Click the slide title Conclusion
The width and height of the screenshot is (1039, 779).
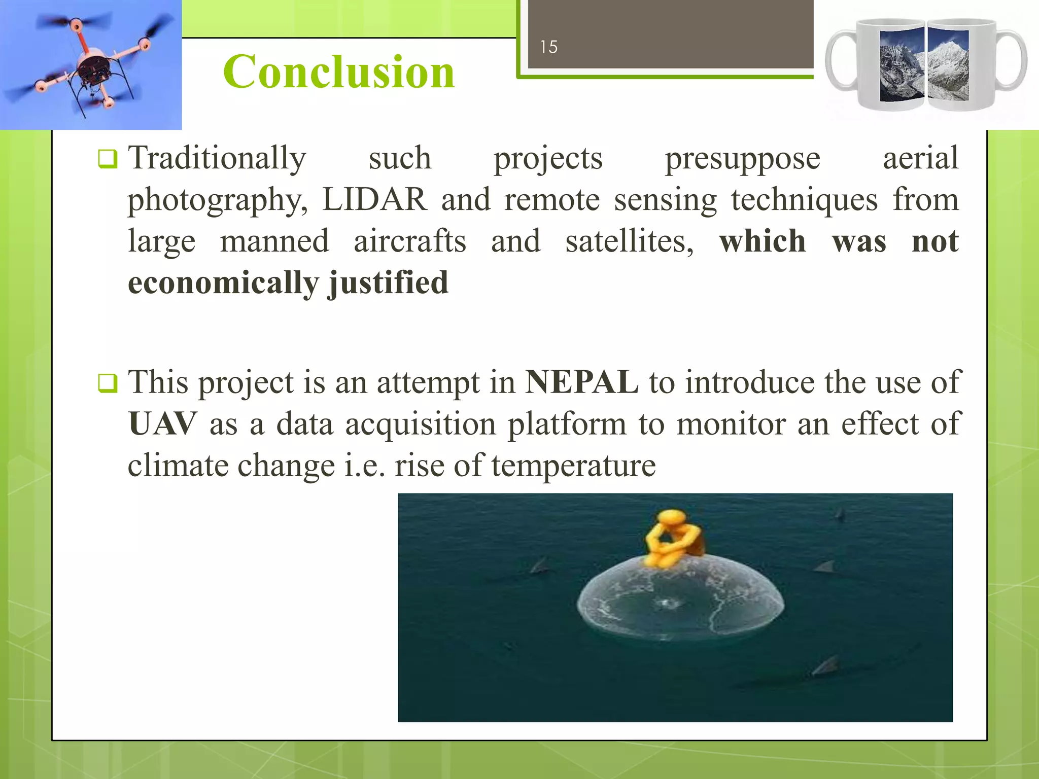(339, 72)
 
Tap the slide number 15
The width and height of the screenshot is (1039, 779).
(548, 47)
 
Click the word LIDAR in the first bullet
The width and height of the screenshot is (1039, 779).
(374, 200)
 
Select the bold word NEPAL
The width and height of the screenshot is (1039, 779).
(581, 382)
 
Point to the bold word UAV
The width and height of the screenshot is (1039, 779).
(162, 424)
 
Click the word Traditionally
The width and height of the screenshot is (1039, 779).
(217, 158)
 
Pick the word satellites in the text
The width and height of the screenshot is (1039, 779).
(629, 241)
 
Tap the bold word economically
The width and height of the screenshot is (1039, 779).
(223, 283)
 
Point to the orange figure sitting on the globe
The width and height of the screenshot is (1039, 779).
(672, 539)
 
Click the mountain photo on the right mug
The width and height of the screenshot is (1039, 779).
(948, 65)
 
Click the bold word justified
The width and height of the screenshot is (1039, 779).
(389, 283)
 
